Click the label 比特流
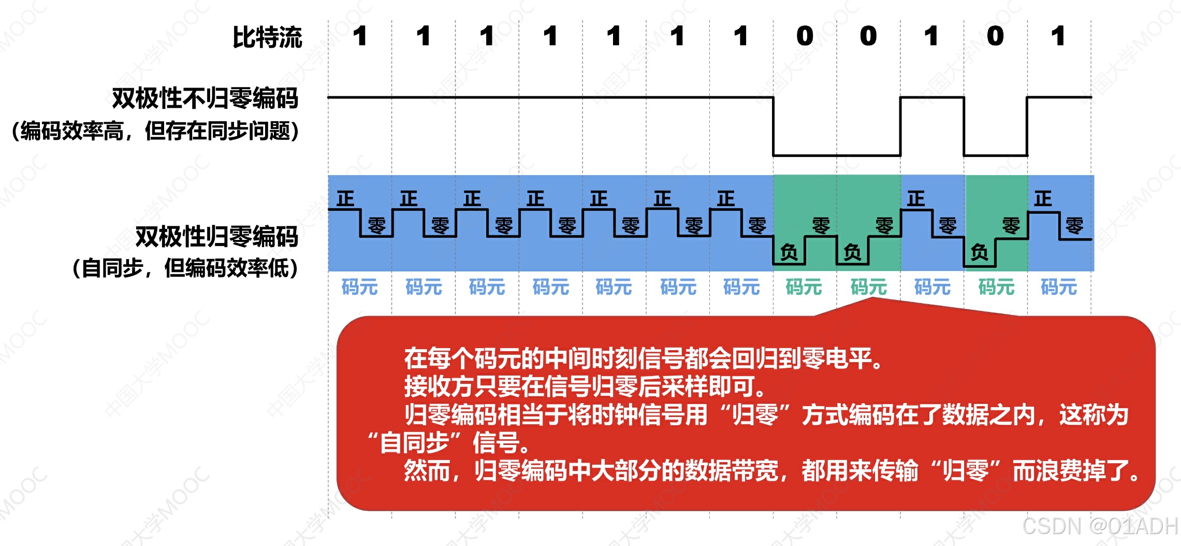click(267, 37)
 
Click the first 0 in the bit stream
click(805, 36)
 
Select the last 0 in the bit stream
click(995, 36)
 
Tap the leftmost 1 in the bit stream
click(360, 36)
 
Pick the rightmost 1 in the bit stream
click(1058, 36)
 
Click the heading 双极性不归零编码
click(205, 98)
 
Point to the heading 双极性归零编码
click(216, 236)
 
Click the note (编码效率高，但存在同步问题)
click(155, 131)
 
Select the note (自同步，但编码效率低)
click(185, 268)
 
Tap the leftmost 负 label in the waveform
click(789, 252)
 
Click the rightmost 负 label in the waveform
click(980, 252)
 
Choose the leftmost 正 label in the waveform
click(345, 198)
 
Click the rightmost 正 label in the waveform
click(1043, 198)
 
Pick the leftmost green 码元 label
click(804, 286)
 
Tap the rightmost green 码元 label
click(996, 286)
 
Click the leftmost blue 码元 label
click(359, 286)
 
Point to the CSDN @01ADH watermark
click(1100, 526)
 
